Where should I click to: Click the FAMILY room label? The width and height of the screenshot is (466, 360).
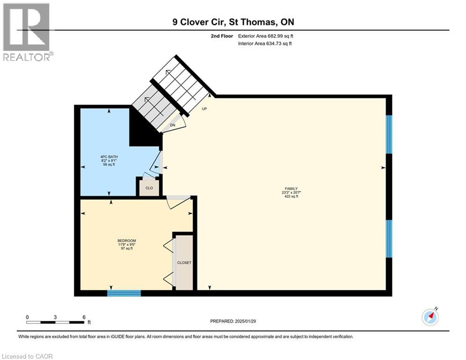(x=291, y=188)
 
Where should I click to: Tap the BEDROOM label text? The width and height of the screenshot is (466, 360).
(x=126, y=240)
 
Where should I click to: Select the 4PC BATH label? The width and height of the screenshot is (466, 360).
(x=109, y=157)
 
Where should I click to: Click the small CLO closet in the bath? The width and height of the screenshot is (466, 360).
(x=149, y=188)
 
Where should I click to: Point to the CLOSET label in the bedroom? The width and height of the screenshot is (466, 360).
(x=184, y=262)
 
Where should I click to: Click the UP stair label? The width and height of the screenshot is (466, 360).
(x=205, y=109)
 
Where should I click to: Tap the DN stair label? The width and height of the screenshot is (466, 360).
(x=173, y=125)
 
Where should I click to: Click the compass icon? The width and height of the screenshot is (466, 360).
(x=430, y=317)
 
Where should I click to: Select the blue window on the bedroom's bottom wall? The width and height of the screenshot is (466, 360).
(x=124, y=293)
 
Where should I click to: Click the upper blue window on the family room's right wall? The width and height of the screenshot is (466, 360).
(x=389, y=135)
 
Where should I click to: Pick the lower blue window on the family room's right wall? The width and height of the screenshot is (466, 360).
(x=389, y=239)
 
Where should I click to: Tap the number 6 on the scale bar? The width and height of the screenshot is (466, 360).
(x=84, y=317)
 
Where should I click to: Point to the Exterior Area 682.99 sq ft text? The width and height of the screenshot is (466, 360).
(x=266, y=36)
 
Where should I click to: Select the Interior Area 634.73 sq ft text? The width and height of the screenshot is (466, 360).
(x=265, y=44)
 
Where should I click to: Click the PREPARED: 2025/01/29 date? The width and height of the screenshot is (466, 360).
(x=233, y=321)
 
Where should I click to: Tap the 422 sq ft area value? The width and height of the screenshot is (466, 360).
(x=291, y=196)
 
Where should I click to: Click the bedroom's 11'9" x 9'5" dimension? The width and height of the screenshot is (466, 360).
(x=127, y=245)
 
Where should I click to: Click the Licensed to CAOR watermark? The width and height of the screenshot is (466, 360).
(x=27, y=356)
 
